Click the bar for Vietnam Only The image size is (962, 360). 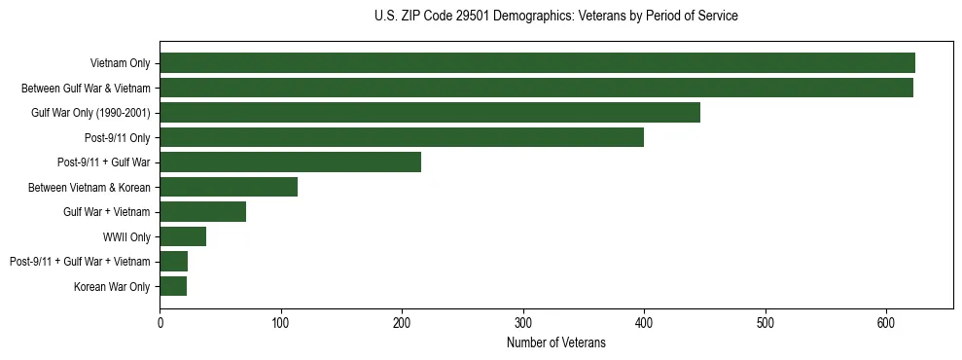point(537,63)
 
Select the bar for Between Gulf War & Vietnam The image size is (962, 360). point(536,88)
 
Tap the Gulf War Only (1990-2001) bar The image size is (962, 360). point(430,113)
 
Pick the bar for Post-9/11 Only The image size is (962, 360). point(402,137)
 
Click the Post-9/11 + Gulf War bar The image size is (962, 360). point(290,162)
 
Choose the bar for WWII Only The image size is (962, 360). point(183,236)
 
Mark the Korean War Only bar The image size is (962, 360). point(173,286)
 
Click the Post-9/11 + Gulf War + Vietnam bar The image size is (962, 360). point(173,262)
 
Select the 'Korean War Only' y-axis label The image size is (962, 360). point(112,286)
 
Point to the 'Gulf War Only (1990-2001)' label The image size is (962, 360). point(90,113)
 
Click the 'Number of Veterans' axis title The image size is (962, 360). point(556,342)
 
